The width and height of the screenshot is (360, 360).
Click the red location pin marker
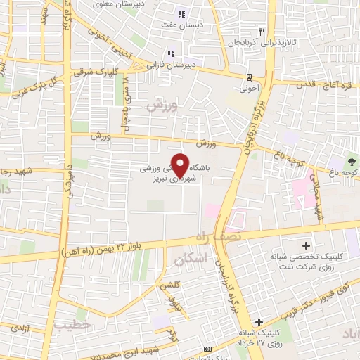[x=180, y=165]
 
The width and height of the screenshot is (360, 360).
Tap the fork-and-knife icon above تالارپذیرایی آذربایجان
[x=262, y=32]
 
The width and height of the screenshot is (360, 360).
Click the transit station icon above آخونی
[x=249, y=78]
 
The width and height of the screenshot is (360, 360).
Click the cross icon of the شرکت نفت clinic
[x=306, y=246]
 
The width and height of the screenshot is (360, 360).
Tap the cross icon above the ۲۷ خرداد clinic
[x=259, y=322]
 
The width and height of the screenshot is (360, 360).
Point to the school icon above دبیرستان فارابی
[x=170, y=53]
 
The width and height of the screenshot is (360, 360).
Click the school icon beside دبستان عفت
[x=181, y=14]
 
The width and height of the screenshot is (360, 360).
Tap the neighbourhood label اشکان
[x=187, y=259]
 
